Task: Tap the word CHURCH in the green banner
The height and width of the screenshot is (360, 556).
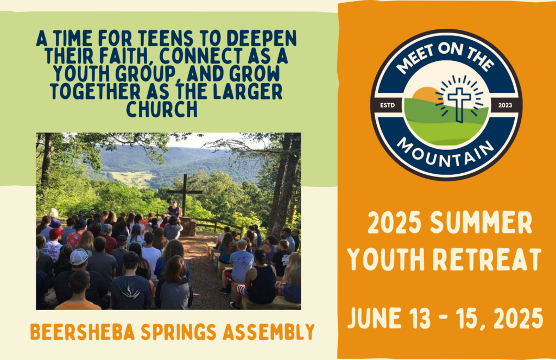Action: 162,109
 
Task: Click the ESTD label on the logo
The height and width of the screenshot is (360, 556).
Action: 387,105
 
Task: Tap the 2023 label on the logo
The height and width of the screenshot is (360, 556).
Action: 505,105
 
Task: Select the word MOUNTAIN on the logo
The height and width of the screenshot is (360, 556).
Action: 445,154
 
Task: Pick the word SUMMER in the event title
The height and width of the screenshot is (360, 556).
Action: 481,223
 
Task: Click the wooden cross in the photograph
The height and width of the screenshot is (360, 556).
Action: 185,193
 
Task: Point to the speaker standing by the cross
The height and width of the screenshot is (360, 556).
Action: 174,209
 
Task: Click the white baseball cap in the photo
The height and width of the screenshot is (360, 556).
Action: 79,257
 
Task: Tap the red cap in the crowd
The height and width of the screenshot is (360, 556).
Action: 56,233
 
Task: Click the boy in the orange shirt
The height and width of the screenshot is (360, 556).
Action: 79,291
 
